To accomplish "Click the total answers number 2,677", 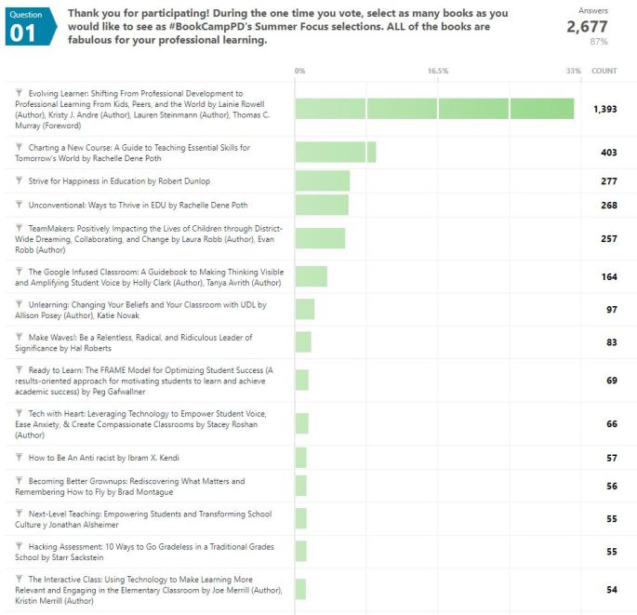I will pos(587,27).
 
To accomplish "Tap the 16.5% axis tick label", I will pos(438,71).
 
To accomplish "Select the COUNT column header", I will pos(604,71).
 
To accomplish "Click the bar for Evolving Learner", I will pos(434,109).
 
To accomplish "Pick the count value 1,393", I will pos(604,109).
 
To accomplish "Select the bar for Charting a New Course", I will pos(335,153).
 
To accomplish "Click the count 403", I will pos(609,153).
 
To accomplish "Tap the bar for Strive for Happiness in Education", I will pos(323,180).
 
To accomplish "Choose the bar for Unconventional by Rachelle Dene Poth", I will pos(322,205).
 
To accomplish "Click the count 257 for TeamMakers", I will pos(609,239).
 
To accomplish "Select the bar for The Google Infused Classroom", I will pos(312,276).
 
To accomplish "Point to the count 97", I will pos(611,309).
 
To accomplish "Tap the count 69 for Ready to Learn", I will pos(611,381).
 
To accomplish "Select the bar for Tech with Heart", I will pos(302,423).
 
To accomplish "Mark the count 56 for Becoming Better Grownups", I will pos(611,486).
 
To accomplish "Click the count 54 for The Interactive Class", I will pos(611,590).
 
